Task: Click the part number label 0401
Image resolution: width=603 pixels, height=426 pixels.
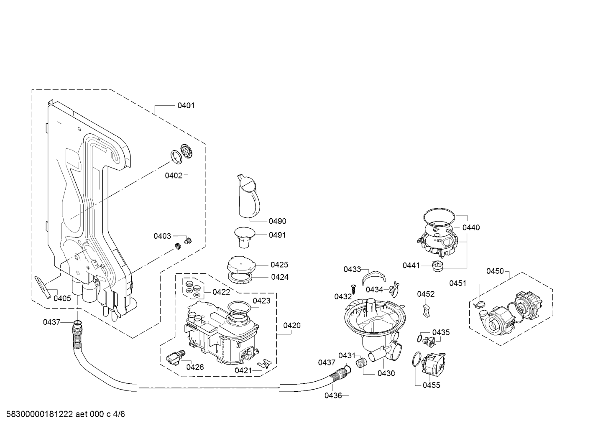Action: (186, 105)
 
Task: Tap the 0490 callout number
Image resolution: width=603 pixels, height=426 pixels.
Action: (277, 221)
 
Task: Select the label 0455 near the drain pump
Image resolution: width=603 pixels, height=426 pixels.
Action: (431, 385)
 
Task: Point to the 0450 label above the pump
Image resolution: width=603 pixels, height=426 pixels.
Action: (495, 271)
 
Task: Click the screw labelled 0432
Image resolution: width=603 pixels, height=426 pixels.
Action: (353, 289)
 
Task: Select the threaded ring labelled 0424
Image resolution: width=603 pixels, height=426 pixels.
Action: (240, 277)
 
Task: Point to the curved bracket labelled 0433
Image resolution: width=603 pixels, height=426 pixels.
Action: (374, 277)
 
